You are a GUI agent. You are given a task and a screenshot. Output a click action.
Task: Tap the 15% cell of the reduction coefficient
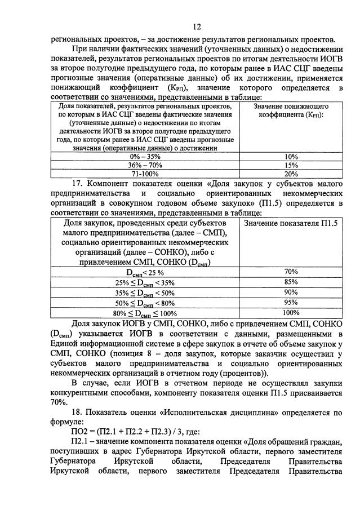click(x=291, y=166)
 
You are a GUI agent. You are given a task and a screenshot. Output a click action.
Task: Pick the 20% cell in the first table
click(x=291, y=175)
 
